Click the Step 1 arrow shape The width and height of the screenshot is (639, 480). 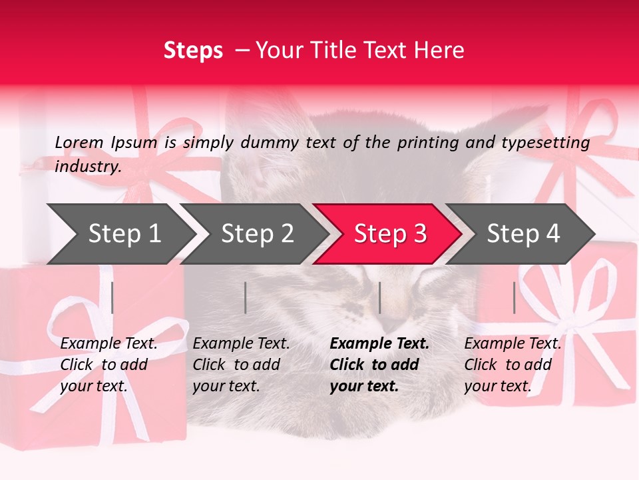(x=124, y=234)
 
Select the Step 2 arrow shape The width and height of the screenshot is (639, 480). (x=257, y=234)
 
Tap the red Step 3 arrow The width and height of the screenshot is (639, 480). (x=389, y=234)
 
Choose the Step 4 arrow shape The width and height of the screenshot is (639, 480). (x=523, y=234)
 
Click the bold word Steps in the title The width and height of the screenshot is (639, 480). (x=193, y=50)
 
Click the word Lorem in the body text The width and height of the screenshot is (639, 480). (x=79, y=142)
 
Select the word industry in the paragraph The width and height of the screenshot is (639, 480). (x=88, y=166)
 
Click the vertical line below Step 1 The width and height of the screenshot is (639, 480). (x=112, y=297)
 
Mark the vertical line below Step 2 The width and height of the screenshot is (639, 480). (x=246, y=297)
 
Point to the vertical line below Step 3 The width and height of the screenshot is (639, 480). (x=379, y=297)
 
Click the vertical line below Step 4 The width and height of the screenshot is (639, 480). (x=514, y=297)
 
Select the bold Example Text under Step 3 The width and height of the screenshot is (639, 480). (x=379, y=344)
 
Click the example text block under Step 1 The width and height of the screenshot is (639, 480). (x=108, y=365)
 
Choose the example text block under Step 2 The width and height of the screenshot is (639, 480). (x=241, y=365)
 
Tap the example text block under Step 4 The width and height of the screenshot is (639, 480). (x=513, y=365)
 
